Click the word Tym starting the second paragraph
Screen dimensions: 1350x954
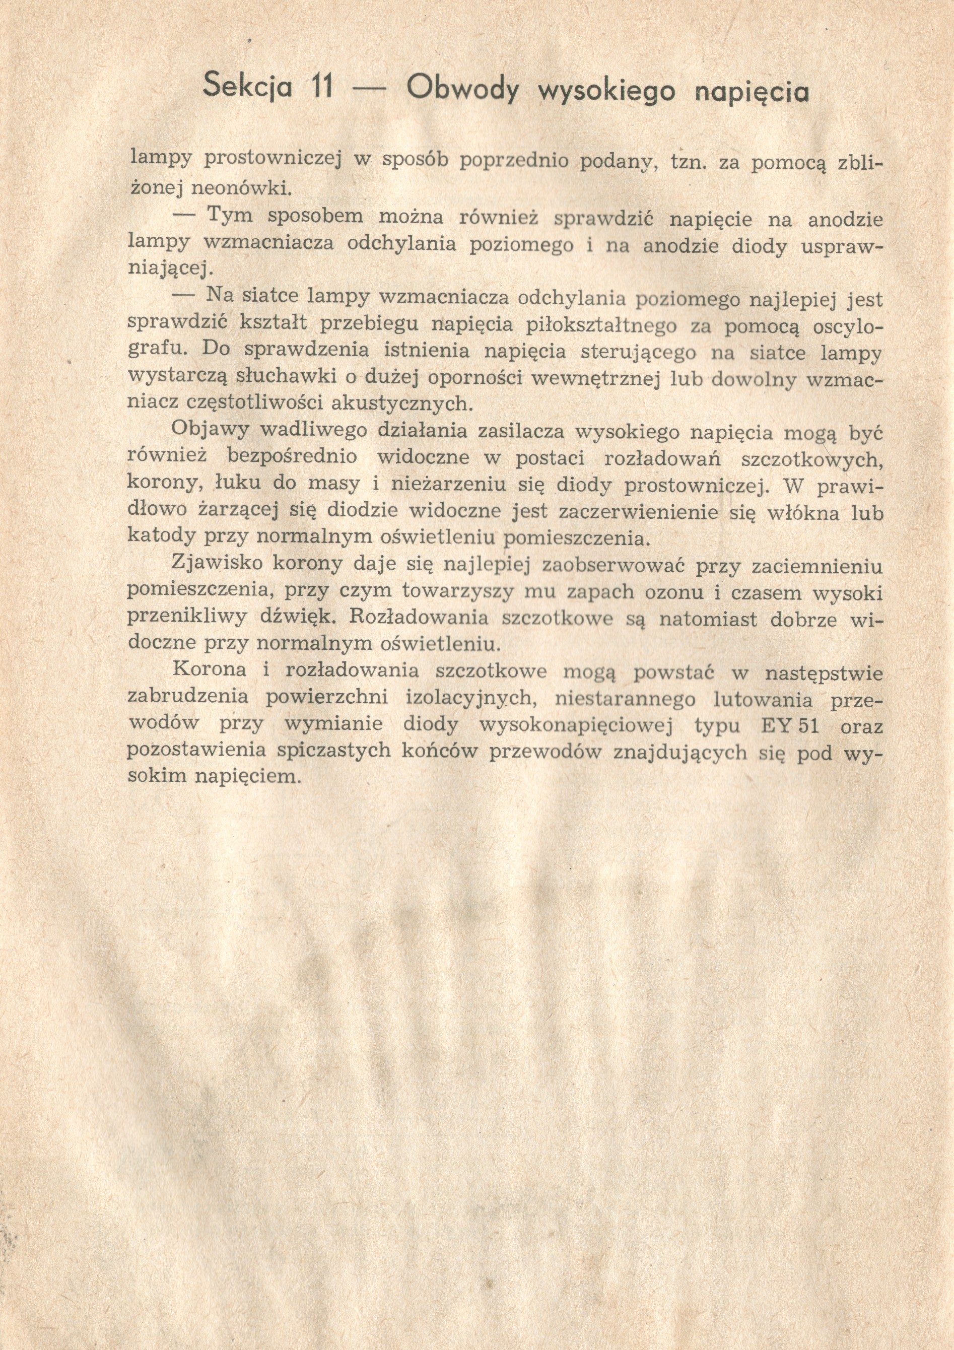[230, 217]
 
